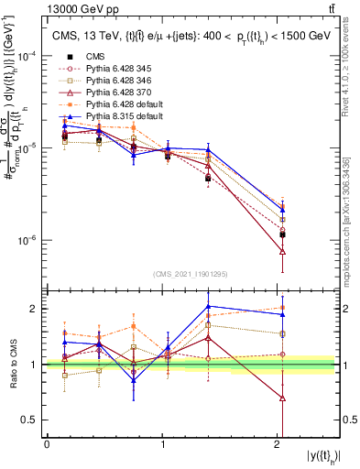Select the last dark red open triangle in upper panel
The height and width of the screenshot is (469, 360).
pos(282,251)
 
